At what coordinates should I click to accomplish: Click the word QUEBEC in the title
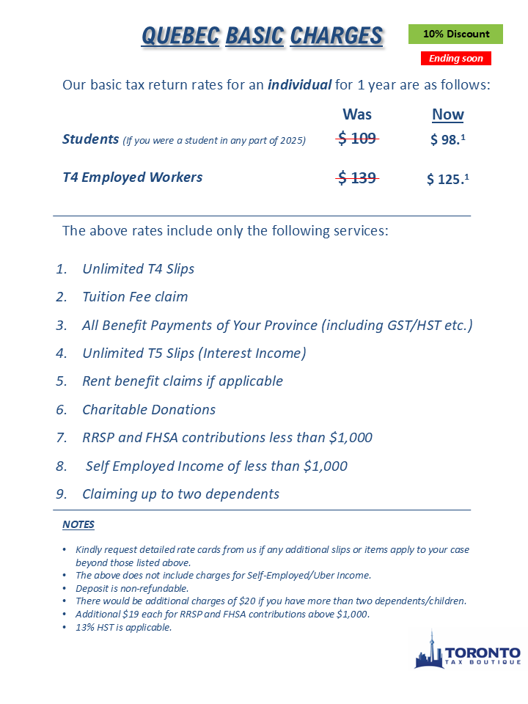pos(180,35)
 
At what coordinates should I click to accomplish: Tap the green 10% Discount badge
pos(455,34)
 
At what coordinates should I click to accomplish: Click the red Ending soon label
pos(455,58)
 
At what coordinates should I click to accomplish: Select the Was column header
pos(357,114)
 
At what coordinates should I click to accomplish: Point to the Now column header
pos(447,114)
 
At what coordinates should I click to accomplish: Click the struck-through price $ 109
pos(357,139)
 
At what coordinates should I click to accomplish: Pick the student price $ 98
pos(447,140)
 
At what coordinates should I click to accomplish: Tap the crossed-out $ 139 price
pos(357,177)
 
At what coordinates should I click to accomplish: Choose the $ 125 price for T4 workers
pos(447,179)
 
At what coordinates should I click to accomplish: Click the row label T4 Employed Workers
pos(133,177)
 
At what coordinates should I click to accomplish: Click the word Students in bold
pos(90,139)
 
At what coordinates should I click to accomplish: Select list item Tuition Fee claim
pos(135,297)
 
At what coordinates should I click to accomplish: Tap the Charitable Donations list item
pos(149,409)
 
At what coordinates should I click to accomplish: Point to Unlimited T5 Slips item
pos(194,353)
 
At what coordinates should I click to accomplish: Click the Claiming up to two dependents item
pos(180,494)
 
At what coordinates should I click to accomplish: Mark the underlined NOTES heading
pos(78,524)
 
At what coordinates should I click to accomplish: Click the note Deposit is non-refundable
pos(132,588)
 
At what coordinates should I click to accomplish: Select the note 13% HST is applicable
pos(123,627)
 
